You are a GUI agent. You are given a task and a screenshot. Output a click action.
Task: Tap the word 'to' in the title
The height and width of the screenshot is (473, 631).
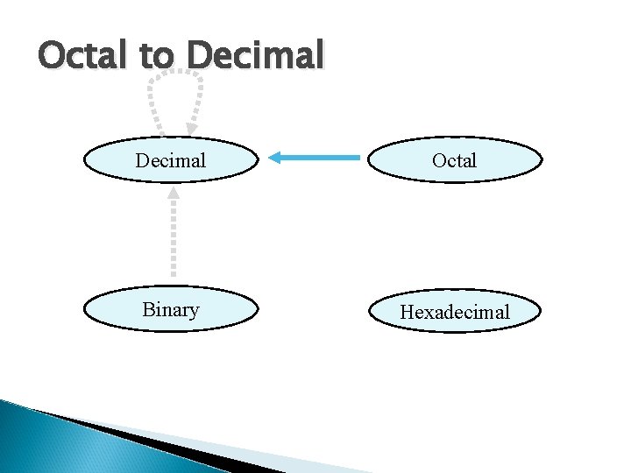[157, 57]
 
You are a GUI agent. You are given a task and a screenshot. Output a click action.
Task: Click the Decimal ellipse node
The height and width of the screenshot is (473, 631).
[171, 160]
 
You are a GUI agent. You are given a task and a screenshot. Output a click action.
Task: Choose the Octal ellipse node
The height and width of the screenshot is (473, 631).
[454, 160]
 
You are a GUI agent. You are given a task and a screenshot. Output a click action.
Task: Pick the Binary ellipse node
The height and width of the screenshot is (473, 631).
[171, 310]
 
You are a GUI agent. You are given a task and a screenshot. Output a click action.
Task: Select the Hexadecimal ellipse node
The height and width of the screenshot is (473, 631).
[454, 311]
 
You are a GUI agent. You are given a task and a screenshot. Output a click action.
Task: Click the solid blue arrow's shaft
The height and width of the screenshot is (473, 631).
[324, 158]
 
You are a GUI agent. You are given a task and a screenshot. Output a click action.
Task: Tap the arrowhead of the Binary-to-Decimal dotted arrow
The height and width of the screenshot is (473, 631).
[174, 192]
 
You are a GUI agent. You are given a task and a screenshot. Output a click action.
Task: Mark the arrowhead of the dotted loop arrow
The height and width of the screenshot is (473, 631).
[191, 129]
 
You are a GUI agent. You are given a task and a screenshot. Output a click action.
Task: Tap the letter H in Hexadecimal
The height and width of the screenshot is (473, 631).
[407, 312]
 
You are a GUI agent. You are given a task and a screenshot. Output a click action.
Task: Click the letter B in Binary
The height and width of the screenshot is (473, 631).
[147, 310]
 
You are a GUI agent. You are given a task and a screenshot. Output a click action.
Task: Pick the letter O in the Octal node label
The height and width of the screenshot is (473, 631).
[438, 161]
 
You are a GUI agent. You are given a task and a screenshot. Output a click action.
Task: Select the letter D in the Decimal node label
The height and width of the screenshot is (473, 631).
[142, 161]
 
